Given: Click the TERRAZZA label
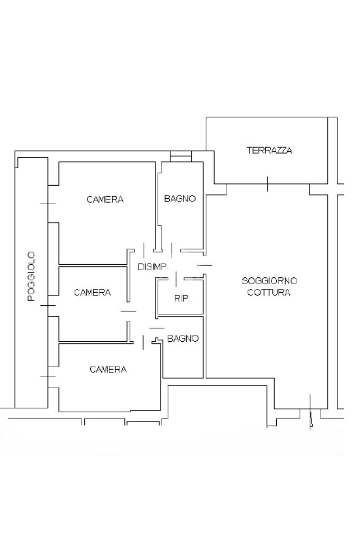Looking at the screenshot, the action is click(x=269, y=150).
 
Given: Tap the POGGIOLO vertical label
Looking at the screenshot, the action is click(x=32, y=277).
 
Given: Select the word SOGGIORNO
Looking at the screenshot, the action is click(x=269, y=281).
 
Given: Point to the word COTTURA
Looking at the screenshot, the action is click(x=269, y=293).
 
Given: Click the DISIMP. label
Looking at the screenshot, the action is click(x=153, y=267).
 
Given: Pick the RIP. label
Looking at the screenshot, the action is click(x=182, y=298).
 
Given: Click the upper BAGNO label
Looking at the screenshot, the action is click(x=180, y=199).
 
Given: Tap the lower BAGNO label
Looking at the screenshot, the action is click(x=183, y=339).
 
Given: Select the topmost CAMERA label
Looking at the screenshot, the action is click(x=105, y=199).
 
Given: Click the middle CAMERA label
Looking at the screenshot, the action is click(x=93, y=293).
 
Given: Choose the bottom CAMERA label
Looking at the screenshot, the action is click(x=108, y=370).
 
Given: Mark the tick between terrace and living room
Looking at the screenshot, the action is click(x=268, y=184).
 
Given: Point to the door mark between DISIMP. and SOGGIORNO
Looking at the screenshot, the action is click(x=205, y=265).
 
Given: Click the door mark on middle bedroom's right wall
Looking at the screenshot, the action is click(x=129, y=311).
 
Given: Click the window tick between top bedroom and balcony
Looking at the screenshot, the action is click(x=48, y=204).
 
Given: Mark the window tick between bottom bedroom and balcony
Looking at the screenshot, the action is click(x=48, y=377).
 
